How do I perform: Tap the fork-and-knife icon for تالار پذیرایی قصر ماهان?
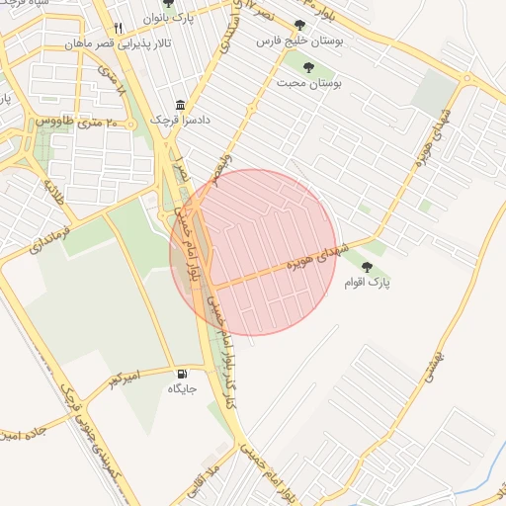[x=118, y=28]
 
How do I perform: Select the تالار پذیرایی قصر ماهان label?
[x=102, y=44]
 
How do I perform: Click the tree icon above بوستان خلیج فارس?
[x=299, y=25]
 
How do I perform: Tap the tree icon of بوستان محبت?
[x=309, y=67]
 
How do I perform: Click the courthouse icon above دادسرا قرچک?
[x=180, y=105]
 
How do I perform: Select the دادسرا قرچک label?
[x=174, y=120]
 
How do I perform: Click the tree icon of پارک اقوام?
[x=368, y=266]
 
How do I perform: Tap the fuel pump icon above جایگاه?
[x=182, y=374]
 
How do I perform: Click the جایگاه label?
[x=182, y=389]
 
